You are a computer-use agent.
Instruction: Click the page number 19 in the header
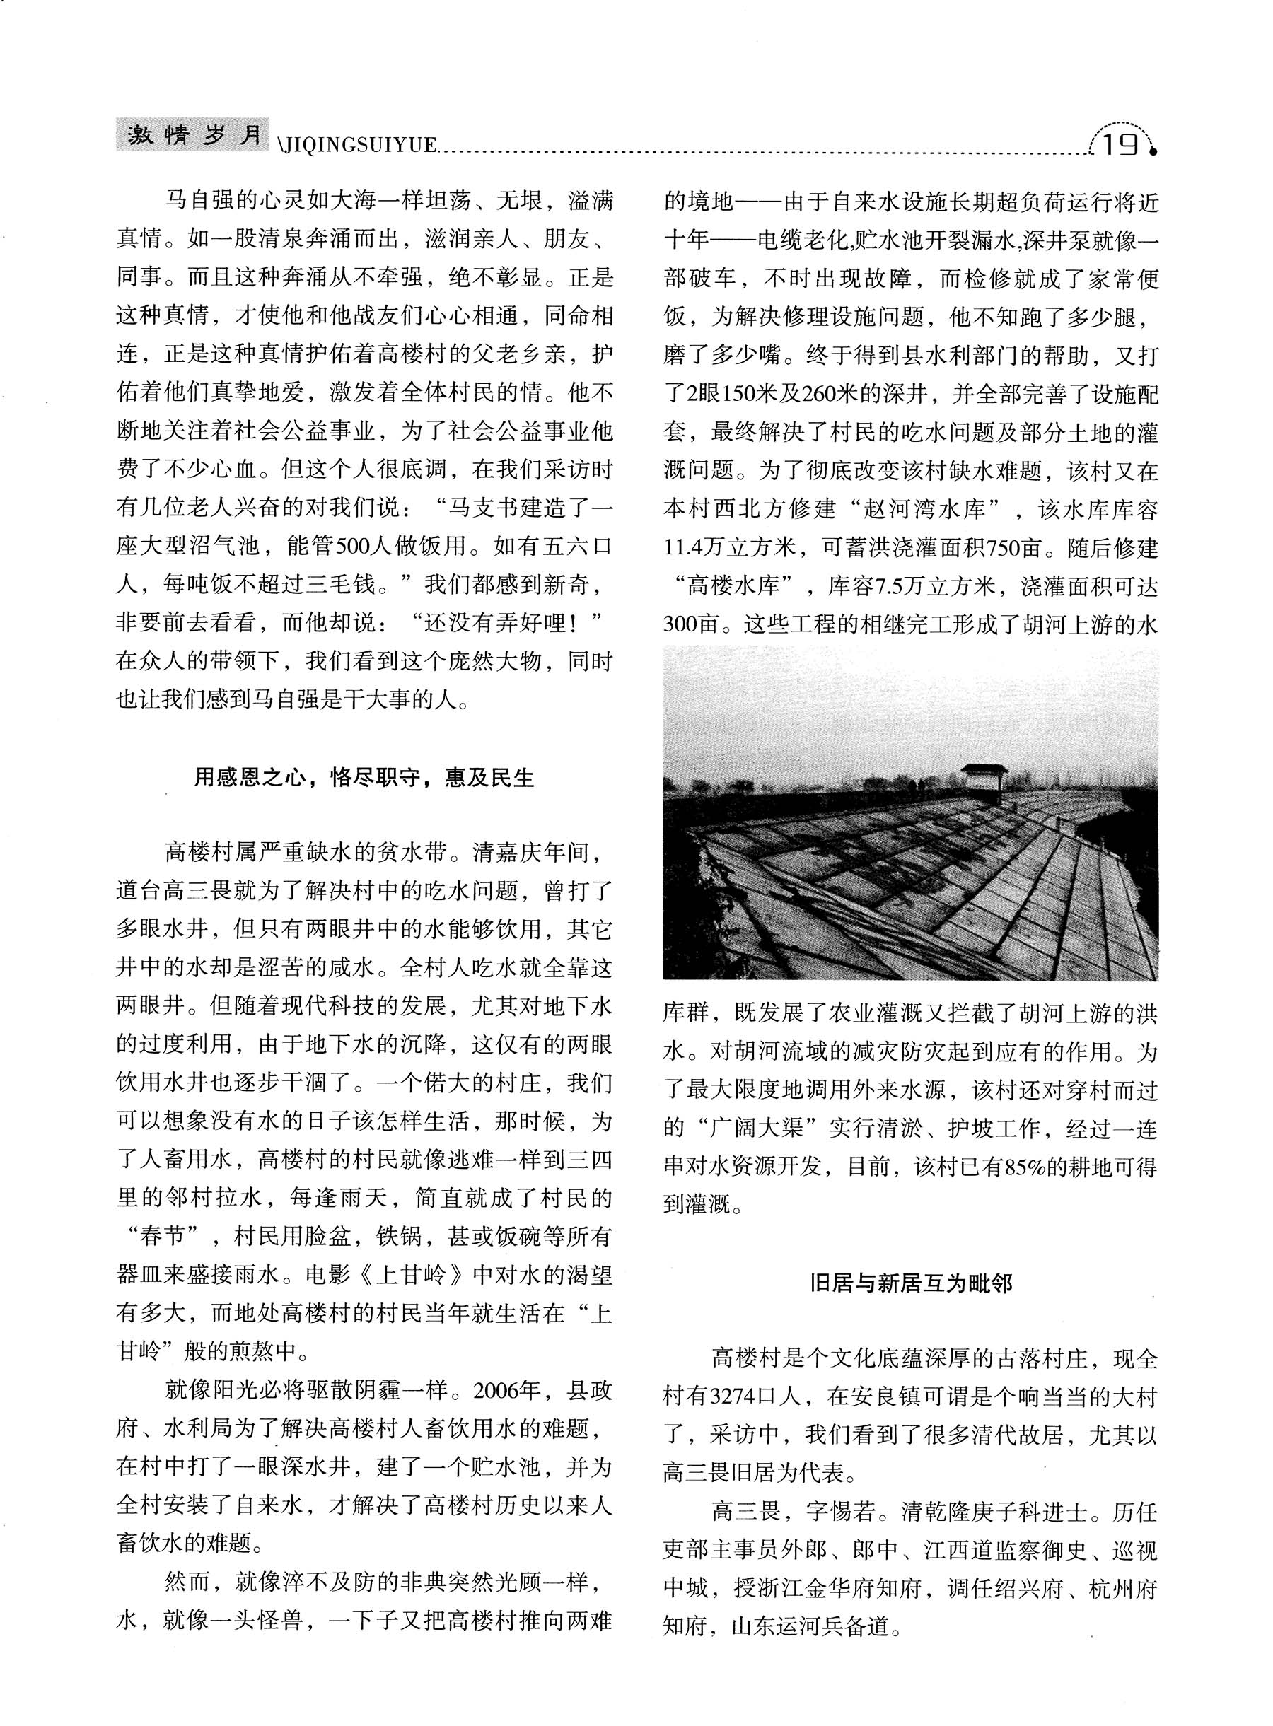click(1121, 144)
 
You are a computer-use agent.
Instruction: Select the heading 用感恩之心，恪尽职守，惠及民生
click(364, 779)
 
